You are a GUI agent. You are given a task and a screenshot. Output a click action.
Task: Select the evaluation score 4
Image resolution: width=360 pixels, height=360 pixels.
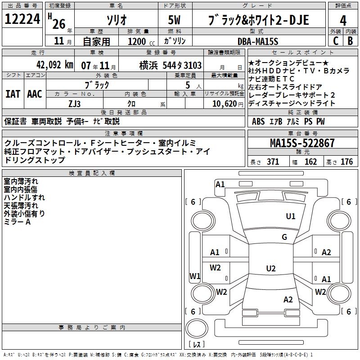tap(343, 21)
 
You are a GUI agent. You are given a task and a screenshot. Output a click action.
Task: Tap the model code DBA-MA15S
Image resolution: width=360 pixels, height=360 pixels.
tap(258, 41)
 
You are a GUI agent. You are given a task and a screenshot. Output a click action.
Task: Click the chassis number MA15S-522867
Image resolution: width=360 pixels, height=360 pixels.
tap(302, 144)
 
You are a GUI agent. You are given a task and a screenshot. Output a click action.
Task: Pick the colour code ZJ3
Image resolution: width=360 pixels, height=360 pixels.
tap(75, 103)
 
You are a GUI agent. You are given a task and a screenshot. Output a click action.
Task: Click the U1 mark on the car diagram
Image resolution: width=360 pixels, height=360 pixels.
tap(291, 216)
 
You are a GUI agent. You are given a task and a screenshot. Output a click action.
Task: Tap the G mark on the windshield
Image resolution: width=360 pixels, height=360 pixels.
tap(284, 237)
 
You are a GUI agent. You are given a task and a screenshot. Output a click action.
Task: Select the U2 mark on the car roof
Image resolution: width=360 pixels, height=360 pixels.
tap(270, 269)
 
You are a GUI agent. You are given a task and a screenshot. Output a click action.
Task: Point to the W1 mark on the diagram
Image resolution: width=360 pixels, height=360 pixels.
tap(194, 276)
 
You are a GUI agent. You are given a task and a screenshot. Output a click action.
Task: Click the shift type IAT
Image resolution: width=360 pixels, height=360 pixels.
tap(13, 94)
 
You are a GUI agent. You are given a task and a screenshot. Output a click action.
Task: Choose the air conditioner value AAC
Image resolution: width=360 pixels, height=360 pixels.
tap(35, 94)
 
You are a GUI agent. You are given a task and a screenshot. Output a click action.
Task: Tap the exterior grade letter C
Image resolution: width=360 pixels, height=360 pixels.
tap(336, 41)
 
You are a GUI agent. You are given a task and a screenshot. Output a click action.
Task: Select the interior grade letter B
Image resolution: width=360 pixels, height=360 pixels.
tap(351, 41)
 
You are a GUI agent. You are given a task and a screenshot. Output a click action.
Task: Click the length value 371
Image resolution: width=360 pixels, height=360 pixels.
tap(273, 162)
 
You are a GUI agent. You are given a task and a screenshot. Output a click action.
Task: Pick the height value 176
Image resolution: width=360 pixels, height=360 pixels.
tap(347, 162)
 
